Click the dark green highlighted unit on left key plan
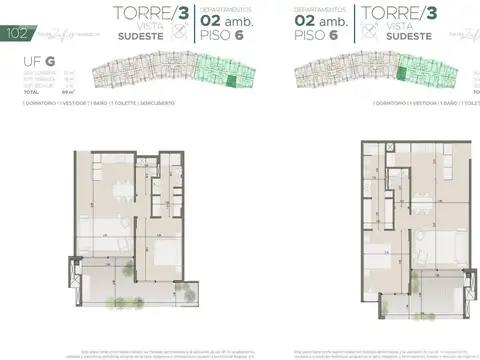point(233,84)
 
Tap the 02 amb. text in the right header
point(318,18)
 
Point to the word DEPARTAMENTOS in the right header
point(318,7)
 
